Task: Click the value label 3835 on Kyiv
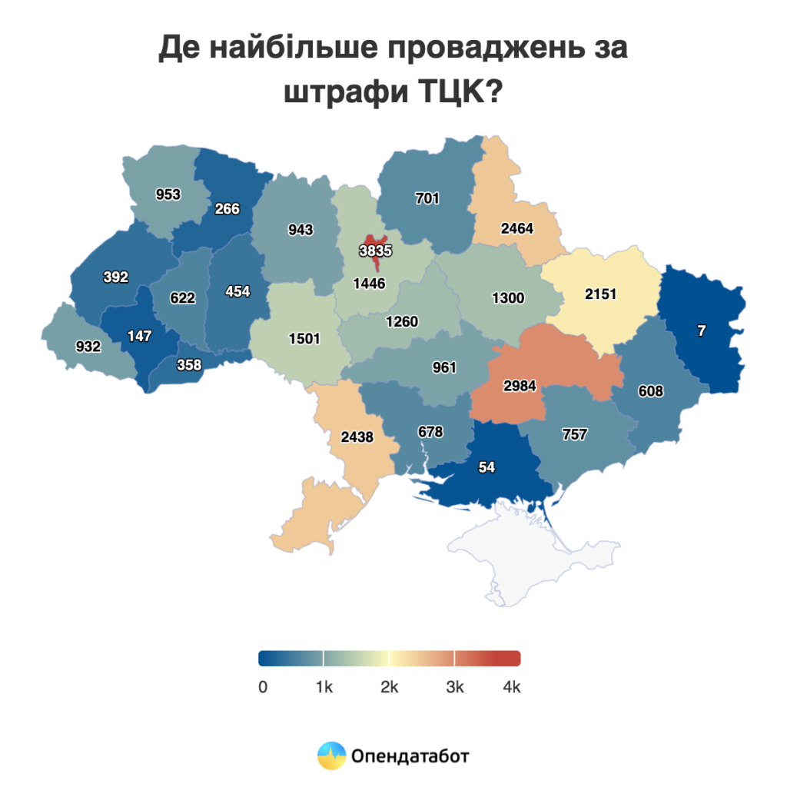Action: click(376, 250)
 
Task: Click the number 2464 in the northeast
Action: click(516, 228)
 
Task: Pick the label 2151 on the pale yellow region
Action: click(600, 294)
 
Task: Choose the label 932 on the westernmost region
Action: click(88, 347)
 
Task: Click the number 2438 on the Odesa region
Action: click(357, 437)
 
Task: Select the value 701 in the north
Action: click(427, 198)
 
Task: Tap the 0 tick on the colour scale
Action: click(263, 687)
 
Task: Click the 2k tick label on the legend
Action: click(389, 687)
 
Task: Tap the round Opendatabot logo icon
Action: click(332, 755)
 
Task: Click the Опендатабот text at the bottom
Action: click(410, 755)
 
